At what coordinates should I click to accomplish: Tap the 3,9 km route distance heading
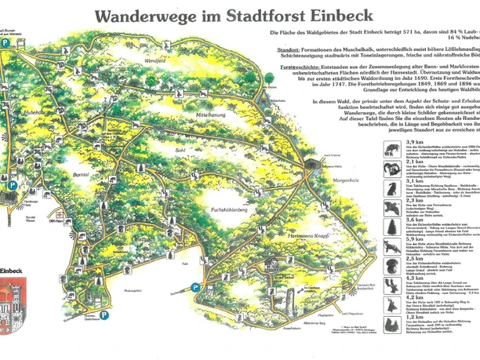pyautogui.click(x=414, y=142)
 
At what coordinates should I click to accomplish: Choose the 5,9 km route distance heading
pyautogui.click(x=414, y=238)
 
